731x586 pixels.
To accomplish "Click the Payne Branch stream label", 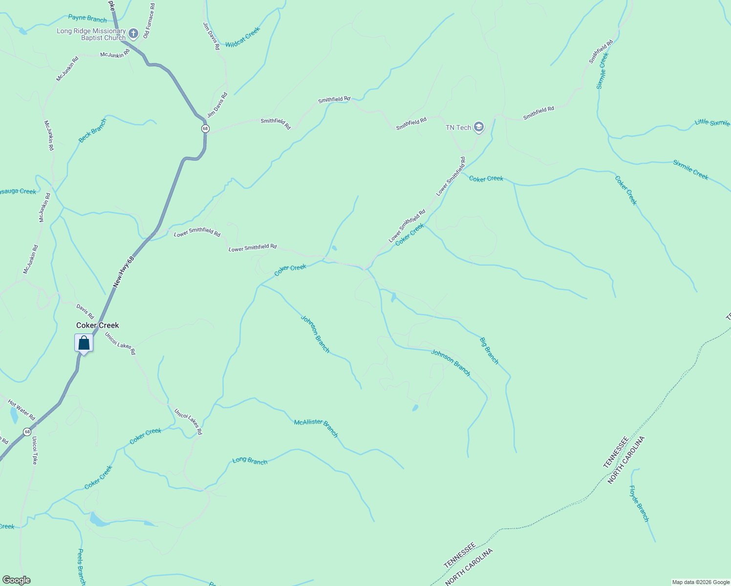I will (87, 19).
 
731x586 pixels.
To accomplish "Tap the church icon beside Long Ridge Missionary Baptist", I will (133, 34).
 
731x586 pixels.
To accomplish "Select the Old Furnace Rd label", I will (149, 21).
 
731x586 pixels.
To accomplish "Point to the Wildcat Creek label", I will (243, 37).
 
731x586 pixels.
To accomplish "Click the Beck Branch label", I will (92, 131).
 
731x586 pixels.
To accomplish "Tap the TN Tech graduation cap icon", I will (478, 127).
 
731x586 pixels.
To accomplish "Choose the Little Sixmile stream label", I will (712, 123).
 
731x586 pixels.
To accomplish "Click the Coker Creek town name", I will (98, 325).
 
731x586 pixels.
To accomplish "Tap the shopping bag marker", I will (84, 343).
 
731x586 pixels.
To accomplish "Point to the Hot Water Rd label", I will (21, 410).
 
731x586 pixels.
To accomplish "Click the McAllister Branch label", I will (316, 428).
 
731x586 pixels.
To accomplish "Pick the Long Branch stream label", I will (250, 460).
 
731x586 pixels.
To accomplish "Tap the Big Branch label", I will (489, 351).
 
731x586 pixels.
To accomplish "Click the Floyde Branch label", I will (639, 503).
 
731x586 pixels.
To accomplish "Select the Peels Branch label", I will (82, 566).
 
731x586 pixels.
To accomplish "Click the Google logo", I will (16, 580).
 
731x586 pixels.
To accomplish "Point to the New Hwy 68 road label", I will (124, 272).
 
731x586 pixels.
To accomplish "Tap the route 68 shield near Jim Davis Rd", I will (205, 128).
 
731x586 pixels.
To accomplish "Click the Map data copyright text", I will (701, 582).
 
